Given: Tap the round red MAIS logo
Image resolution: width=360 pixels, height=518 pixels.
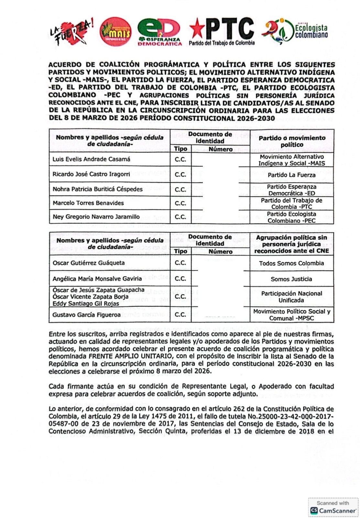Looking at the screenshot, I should [x=115, y=31].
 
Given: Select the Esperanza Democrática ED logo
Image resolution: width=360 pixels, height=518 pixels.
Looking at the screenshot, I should [x=159, y=32].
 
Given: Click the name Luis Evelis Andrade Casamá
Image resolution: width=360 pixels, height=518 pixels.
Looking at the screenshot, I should [x=91, y=159].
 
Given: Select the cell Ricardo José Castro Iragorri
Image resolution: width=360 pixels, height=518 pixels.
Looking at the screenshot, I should [x=91, y=174].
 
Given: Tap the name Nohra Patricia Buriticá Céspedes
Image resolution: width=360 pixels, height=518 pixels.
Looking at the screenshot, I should [x=97, y=189].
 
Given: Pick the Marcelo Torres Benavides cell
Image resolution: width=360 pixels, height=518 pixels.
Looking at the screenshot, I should [x=88, y=203].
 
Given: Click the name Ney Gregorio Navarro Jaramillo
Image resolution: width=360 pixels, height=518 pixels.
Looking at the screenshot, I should [x=96, y=217].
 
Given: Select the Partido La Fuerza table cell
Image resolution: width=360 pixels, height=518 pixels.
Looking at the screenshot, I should [x=291, y=175].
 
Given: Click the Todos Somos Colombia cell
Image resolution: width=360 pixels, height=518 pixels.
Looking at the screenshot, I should [x=291, y=263].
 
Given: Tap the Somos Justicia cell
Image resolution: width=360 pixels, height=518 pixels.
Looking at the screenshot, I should [x=291, y=279].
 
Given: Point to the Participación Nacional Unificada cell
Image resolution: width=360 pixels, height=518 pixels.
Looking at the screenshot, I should [x=291, y=297].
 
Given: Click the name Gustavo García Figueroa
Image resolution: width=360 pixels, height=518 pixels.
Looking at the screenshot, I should [x=86, y=315].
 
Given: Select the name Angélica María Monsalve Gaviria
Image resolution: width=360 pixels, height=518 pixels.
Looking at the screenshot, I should [x=97, y=279].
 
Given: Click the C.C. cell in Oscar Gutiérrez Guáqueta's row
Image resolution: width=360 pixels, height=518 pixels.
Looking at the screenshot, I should [x=180, y=263].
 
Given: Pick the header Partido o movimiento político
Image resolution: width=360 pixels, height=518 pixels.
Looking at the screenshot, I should [x=292, y=141].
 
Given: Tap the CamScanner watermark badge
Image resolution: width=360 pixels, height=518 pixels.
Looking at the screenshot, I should [x=333, y=507].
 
